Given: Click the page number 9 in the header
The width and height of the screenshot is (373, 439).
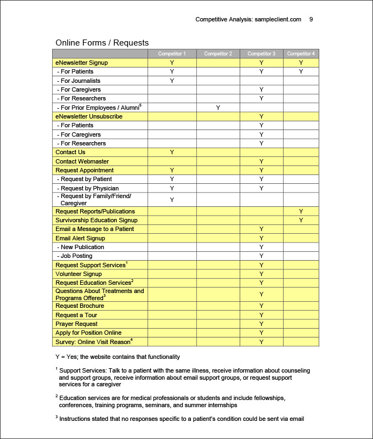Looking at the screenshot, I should (x=311, y=19).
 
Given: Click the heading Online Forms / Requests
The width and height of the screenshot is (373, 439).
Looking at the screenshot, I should (x=102, y=43).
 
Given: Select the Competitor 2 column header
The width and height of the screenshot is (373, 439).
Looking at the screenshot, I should (x=218, y=54).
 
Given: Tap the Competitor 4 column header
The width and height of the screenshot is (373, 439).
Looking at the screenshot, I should (x=301, y=54).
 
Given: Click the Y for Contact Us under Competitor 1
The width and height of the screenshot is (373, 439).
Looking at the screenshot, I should (x=172, y=152).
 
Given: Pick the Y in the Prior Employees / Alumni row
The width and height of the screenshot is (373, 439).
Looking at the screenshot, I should (x=218, y=108).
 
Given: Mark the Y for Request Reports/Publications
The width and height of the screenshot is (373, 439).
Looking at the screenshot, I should (x=301, y=211).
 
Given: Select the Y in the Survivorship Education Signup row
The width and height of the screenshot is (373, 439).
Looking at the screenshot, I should (x=301, y=220).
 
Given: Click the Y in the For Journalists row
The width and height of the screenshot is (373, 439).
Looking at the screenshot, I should (x=172, y=81).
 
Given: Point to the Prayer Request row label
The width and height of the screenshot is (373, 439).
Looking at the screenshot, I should (x=76, y=324).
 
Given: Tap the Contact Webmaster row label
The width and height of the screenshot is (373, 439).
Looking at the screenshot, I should (x=82, y=161).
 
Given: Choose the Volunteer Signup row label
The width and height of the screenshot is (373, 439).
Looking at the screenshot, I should (x=78, y=274).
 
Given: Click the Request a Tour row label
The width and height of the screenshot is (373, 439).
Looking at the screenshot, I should (x=77, y=315).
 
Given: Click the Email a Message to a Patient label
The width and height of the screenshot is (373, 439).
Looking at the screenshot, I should (x=94, y=229).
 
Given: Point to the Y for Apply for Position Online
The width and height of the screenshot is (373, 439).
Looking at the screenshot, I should (x=262, y=333).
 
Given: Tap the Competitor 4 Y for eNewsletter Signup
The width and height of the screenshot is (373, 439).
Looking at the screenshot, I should (x=301, y=63).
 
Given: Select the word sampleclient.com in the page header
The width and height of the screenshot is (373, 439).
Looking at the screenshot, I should (x=278, y=19).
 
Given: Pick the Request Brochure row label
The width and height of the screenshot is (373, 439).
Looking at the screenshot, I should (x=80, y=306).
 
